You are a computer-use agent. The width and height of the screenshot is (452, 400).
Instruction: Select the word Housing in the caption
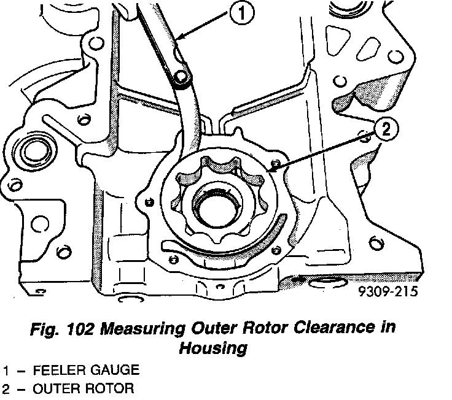pos(212,348)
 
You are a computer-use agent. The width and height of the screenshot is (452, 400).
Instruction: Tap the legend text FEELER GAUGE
pos(86,370)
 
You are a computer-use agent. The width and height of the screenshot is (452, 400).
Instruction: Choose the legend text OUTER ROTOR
pos(83,388)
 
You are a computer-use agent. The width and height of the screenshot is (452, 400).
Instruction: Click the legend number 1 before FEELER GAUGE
pos(6,370)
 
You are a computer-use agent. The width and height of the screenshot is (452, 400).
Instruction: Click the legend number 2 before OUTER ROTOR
pos(6,388)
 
